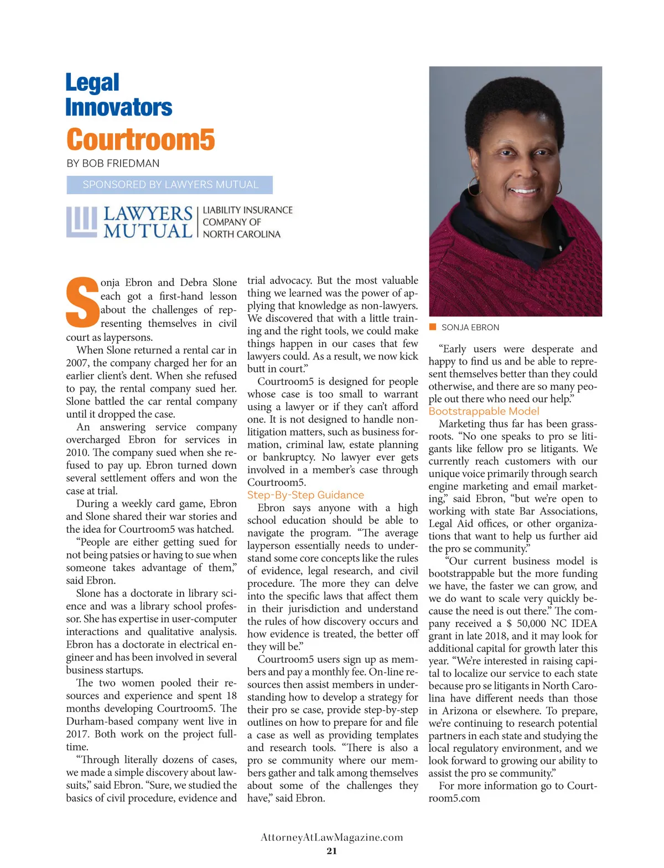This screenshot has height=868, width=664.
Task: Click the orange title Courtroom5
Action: tap(141, 139)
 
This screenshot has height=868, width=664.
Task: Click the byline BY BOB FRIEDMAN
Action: tap(113, 163)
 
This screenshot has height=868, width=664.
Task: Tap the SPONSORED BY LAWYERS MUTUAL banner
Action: tap(170, 185)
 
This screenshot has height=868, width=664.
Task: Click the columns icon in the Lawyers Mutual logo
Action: tap(81, 221)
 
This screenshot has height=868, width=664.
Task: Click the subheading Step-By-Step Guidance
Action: tap(305, 495)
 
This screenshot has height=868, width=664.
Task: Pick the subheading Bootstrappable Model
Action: tap(484, 411)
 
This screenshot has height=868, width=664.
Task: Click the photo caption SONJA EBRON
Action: tap(470, 328)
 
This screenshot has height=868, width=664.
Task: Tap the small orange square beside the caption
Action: tap(433, 327)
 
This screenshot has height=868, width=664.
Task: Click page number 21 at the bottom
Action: tap(331, 851)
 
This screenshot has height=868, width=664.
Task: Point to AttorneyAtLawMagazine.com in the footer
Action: tap(331, 837)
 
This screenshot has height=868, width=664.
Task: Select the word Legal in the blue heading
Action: tap(92, 83)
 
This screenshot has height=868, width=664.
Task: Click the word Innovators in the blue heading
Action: tap(118, 107)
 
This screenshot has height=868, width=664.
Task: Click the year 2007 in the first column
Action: tap(77, 363)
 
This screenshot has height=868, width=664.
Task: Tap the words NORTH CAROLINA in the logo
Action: tap(241, 234)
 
